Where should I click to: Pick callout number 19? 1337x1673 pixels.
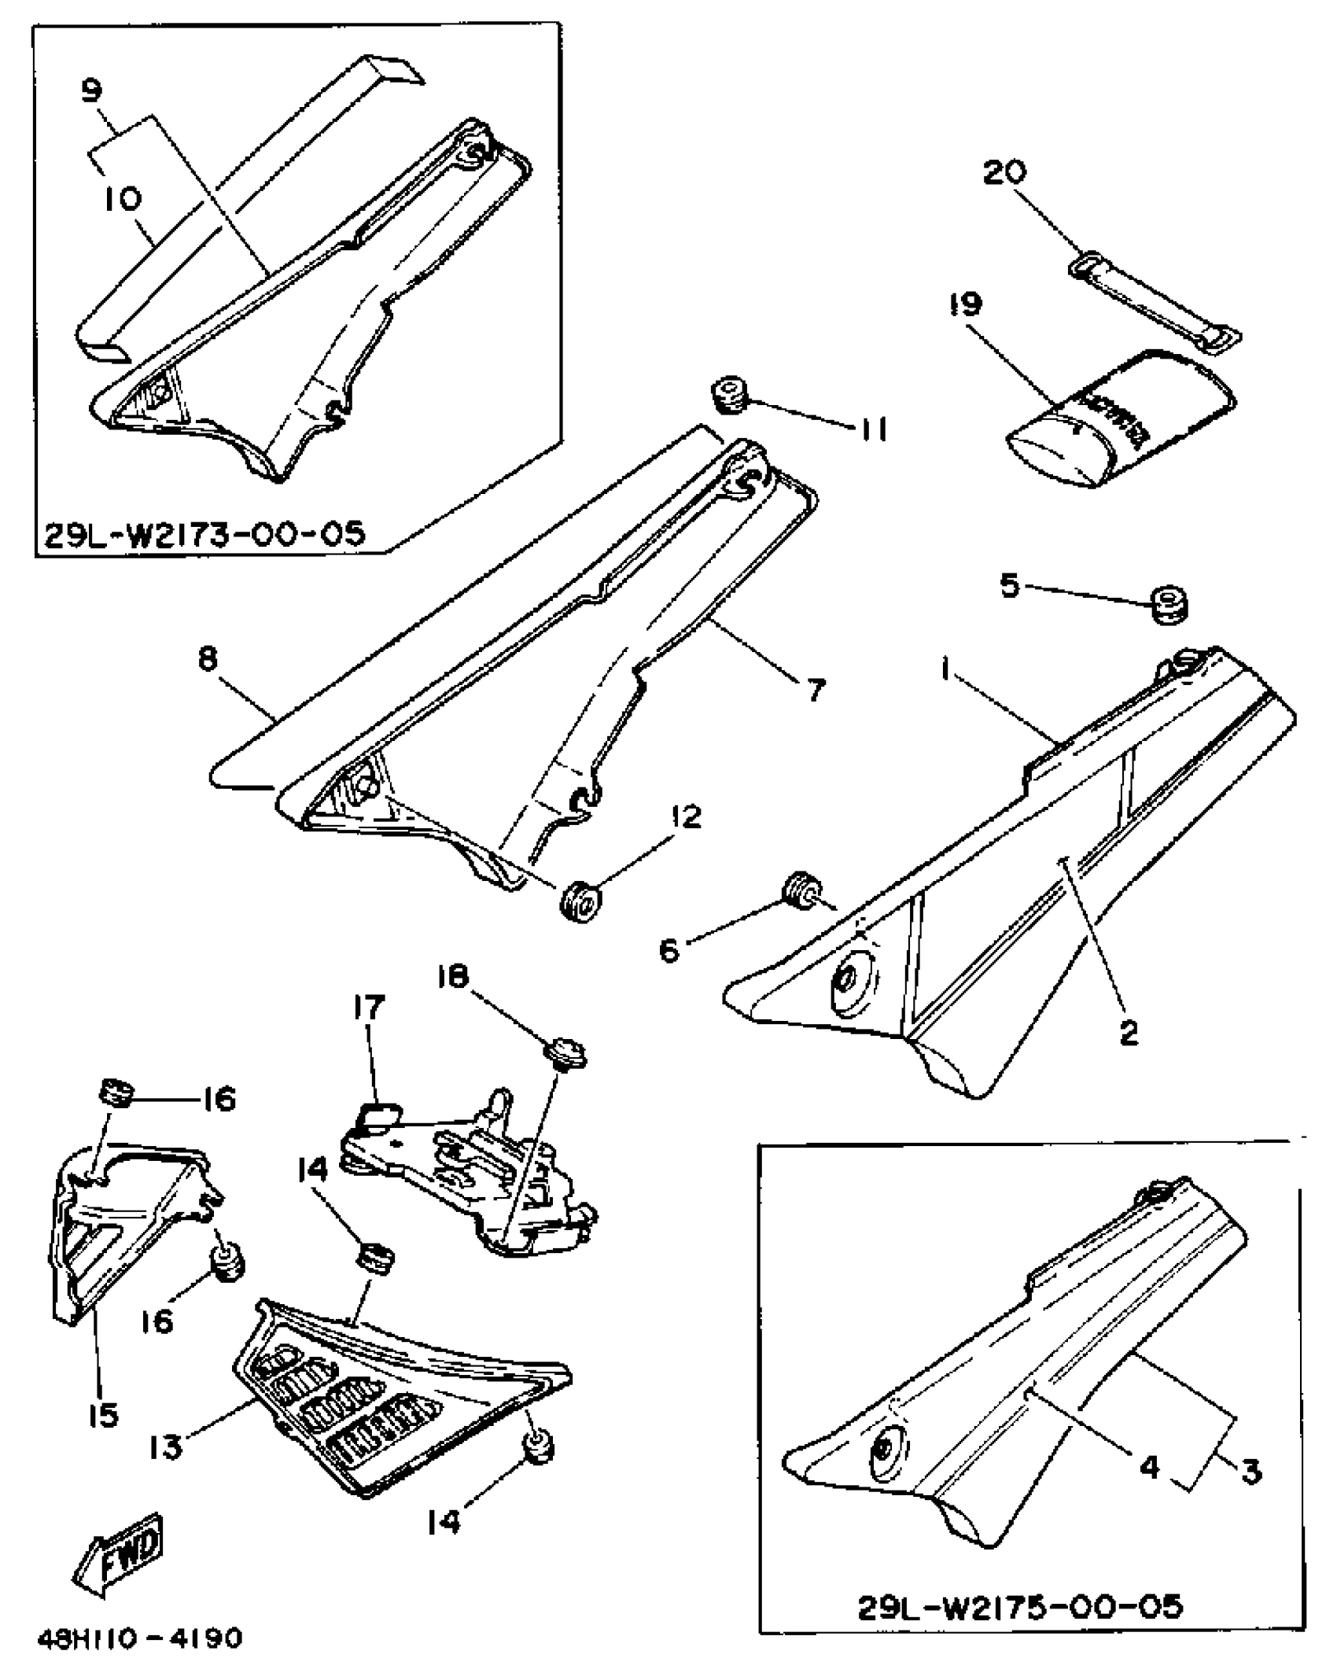pos(967,303)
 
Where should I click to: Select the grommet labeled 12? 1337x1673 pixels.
pos(580,901)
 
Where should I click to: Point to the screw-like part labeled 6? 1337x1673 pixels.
pos(801,890)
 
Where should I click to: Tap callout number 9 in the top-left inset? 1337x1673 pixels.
pos(92,92)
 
